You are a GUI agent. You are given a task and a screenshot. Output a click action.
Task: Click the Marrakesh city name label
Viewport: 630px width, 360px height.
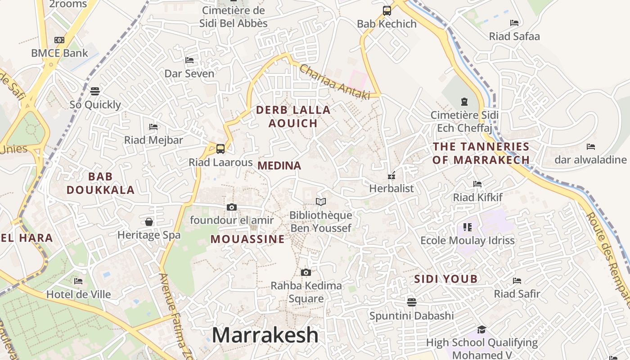point(265,335)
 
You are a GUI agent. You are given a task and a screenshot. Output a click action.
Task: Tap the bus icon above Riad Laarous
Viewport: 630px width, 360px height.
point(220,149)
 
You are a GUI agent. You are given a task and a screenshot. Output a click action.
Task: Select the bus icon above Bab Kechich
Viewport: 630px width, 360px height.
point(387,11)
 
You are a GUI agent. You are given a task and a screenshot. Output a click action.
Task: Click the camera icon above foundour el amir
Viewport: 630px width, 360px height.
point(232,207)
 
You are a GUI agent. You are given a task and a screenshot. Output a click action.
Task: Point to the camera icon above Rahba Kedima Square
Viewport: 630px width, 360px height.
point(306,272)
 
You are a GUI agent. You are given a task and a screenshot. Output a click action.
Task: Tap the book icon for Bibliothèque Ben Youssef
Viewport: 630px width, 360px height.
point(320,202)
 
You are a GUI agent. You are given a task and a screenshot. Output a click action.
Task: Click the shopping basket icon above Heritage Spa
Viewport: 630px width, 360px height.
point(149,221)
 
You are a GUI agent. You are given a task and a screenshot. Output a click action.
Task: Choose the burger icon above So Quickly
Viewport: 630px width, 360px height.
point(94,91)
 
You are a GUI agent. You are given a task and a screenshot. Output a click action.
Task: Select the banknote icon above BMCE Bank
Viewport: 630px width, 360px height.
point(59,40)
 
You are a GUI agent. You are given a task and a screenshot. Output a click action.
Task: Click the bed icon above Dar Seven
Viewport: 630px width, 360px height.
point(189,60)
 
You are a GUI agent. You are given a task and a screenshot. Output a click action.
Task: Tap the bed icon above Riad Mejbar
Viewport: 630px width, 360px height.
point(153,126)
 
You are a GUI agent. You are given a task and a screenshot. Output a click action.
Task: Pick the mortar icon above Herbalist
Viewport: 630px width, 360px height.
point(391,175)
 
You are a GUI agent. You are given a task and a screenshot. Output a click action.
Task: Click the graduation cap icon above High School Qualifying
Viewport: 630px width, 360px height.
point(481,329)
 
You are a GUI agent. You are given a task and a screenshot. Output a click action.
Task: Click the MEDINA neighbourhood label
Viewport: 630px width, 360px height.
point(279,166)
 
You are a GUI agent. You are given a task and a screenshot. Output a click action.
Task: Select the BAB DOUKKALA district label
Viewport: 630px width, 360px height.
point(101,183)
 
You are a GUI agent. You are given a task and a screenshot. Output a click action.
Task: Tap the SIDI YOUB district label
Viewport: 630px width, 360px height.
point(445,279)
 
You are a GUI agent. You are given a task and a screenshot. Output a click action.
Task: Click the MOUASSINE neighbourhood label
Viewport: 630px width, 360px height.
point(247,239)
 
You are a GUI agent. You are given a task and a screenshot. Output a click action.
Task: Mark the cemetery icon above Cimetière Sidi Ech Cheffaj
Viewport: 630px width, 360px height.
point(464,102)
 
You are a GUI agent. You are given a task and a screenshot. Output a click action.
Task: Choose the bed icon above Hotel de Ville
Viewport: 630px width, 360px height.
point(78,281)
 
